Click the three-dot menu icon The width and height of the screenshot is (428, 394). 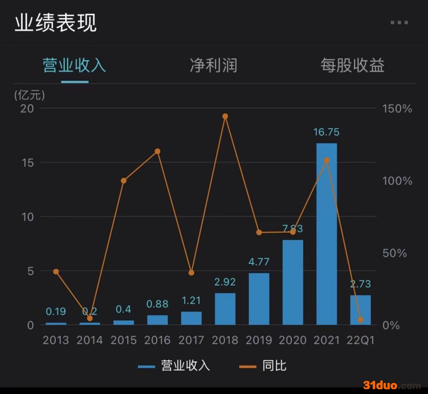click(399, 23)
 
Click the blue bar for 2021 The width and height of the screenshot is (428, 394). click(327, 234)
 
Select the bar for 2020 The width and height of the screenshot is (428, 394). click(293, 282)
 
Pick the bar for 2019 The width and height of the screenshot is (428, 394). click(259, 299)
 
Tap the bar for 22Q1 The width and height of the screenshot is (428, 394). click(360, 310)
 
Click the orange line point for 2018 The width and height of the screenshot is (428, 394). click(225, 116)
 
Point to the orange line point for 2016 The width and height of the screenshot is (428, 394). click(157, 151)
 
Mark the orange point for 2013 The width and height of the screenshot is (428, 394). click(56, 272)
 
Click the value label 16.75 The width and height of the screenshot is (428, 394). click(326, 132)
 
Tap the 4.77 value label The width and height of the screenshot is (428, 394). click(259, 262)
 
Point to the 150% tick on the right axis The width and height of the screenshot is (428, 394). click(397, 109)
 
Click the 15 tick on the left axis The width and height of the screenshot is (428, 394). click(28, 163)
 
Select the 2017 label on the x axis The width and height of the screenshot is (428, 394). click(191, 340)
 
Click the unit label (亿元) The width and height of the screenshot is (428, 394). click(30, 95)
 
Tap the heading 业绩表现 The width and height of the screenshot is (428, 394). click(56, 23)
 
